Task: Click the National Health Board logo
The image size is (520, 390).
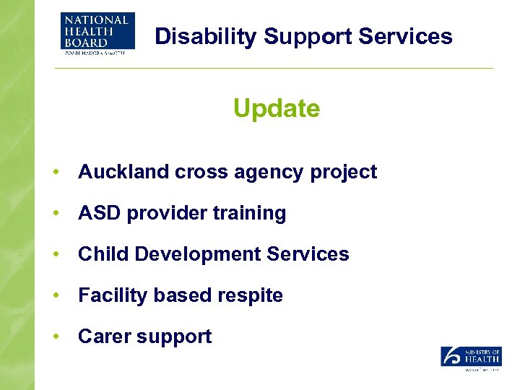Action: (97, 34)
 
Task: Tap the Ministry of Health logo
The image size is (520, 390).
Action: (471, 358)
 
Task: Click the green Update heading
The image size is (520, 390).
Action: (276, 108)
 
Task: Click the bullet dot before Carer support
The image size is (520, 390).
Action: (55, 337)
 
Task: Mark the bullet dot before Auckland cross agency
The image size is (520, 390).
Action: (55, 173)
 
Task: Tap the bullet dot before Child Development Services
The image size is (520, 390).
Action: (55, 255)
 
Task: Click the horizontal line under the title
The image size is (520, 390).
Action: (274, 69)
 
